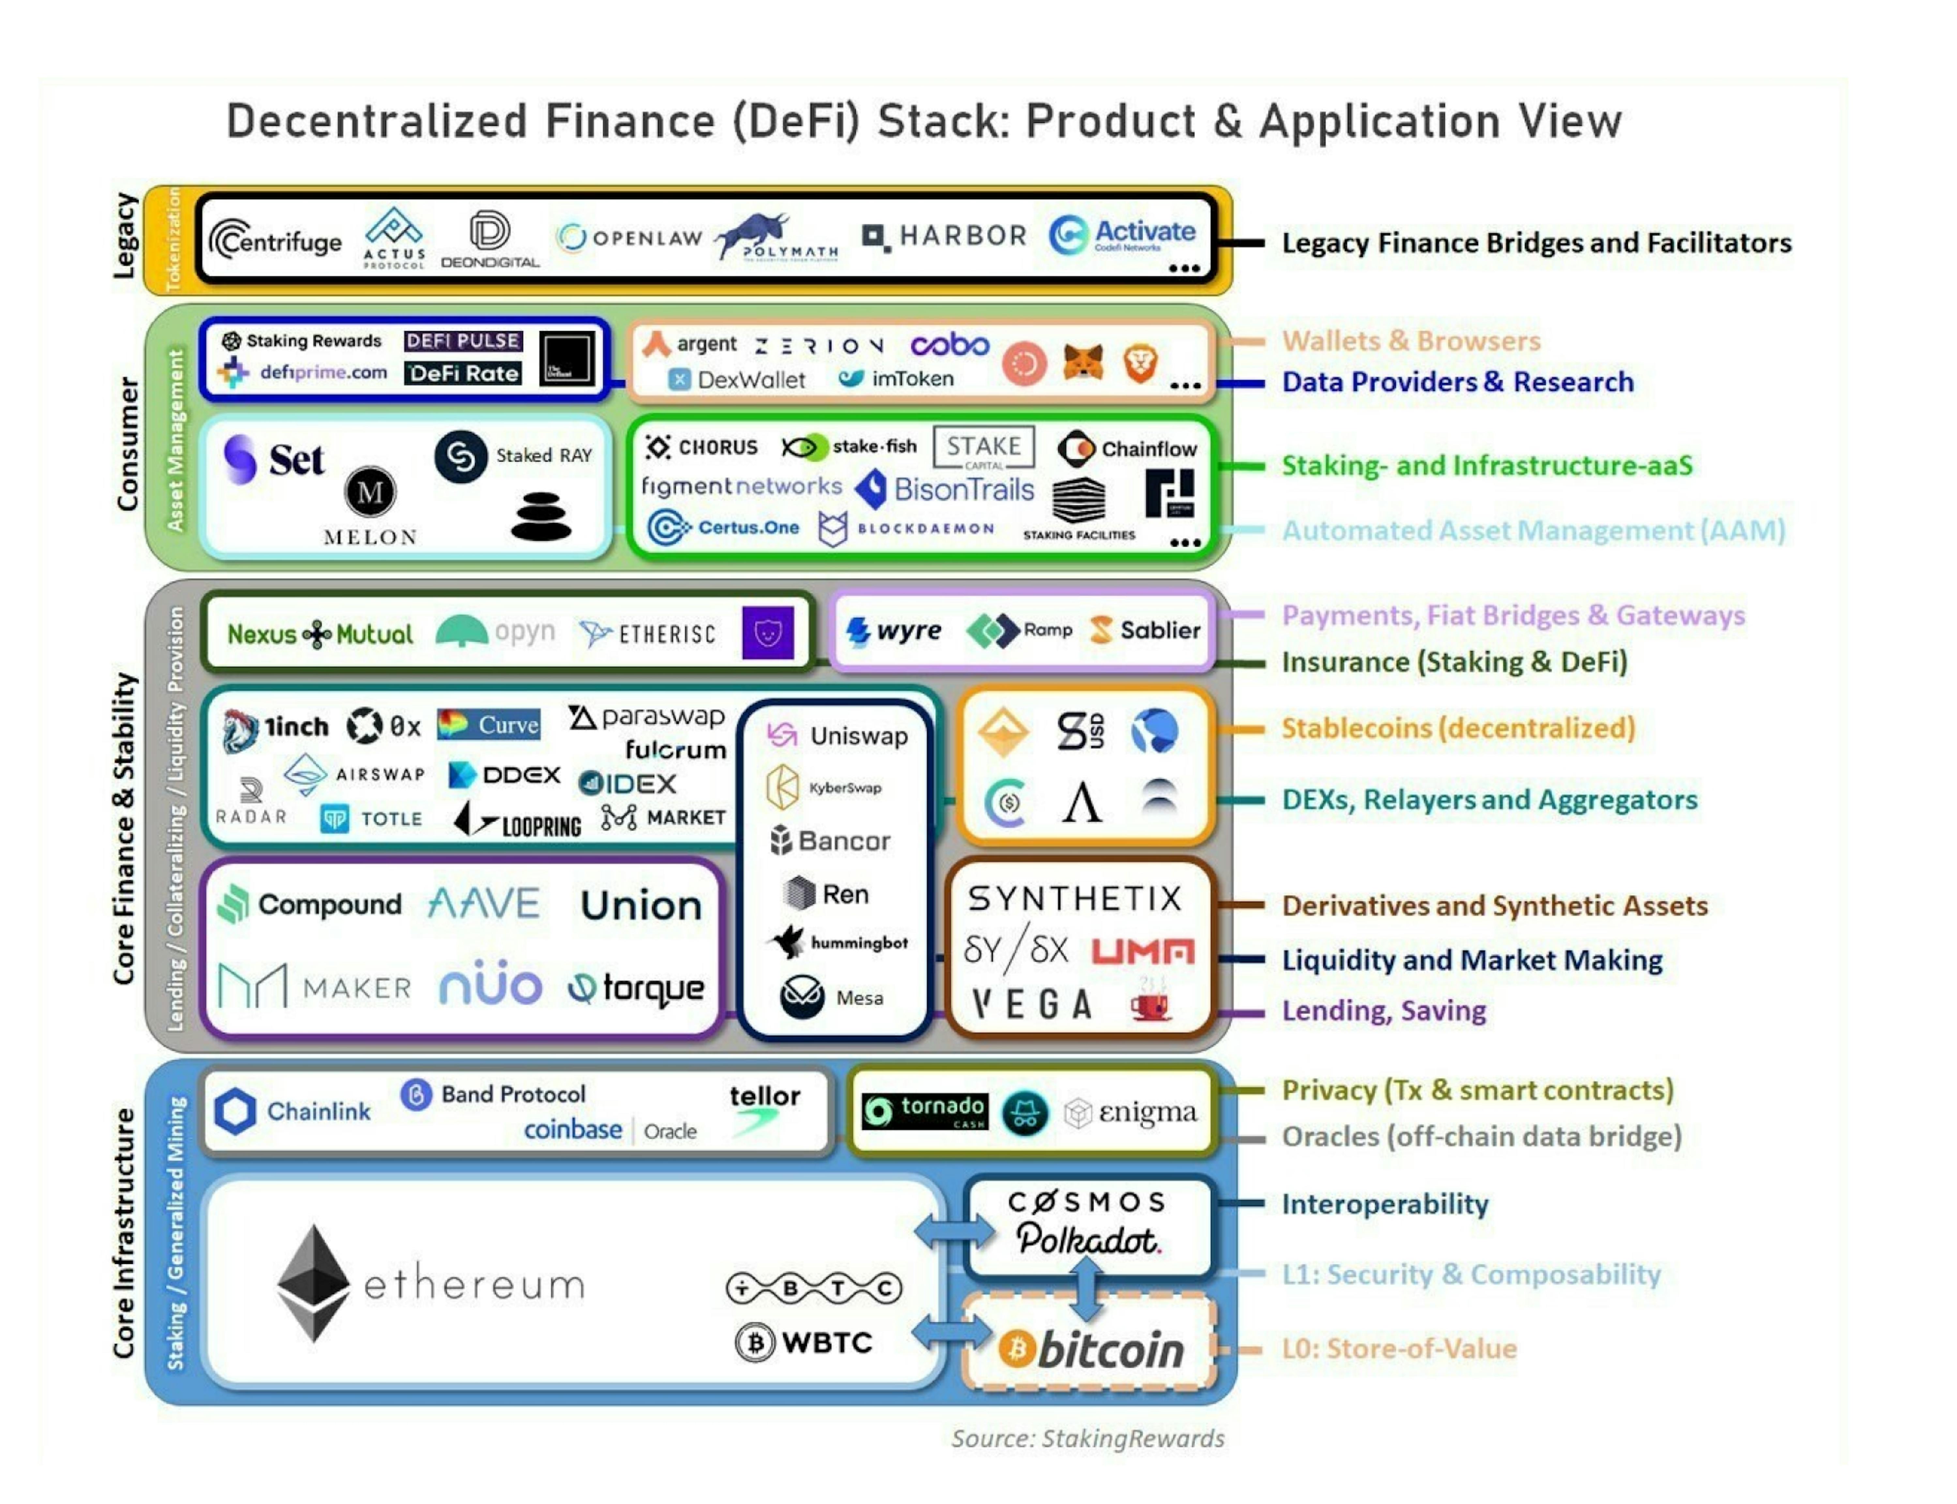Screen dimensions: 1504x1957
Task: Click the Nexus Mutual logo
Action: click(320, 634)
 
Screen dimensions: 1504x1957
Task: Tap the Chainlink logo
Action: click(293, 1111)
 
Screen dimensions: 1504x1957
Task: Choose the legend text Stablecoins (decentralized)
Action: click(1457, 728)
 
